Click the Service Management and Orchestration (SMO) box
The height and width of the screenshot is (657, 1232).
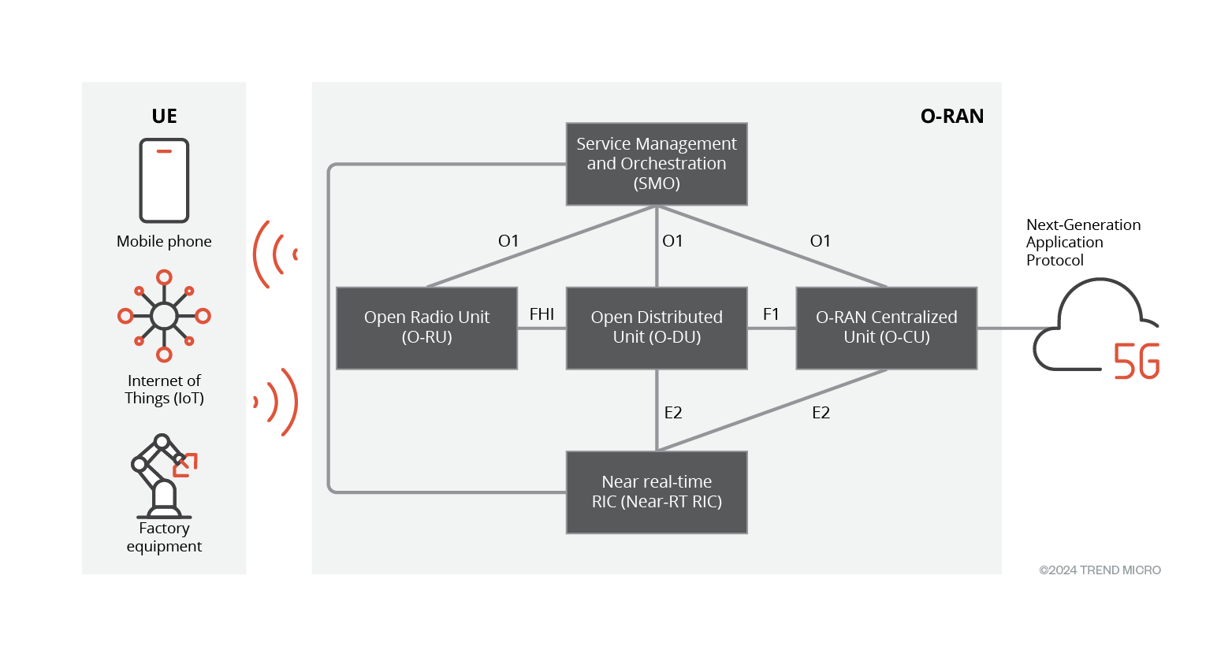[x=657, y=164]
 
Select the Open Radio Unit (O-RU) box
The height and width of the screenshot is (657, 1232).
[x=426, y=328]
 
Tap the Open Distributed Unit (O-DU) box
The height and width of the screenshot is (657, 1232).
[x=657, y=328]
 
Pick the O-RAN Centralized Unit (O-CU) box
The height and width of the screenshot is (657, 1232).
[x=887, y=328]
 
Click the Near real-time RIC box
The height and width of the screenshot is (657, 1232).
[x=657, y=492]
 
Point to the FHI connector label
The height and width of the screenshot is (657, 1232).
[x=542, y=314]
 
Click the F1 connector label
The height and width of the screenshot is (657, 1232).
[x=771, y=314]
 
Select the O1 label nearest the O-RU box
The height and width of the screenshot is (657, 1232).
[x=508, y=241]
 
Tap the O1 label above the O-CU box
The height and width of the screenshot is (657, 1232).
[x=821, y=241]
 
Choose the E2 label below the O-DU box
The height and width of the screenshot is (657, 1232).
[x=673, y=413]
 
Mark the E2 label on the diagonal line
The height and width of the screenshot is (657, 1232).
[x=821, y=413]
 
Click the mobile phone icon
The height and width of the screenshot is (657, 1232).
[x=164, y=180]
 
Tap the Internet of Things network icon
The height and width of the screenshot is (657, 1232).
[x=164, y=316]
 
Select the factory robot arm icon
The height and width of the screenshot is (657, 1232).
[x=163, y=475]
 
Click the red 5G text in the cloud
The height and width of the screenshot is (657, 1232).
[x=1136, y=362]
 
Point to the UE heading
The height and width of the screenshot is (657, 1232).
[x=164, y=117]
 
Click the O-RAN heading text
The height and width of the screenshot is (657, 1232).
[x=952, y=117]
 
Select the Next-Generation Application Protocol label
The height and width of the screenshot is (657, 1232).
[x=1082, y=243]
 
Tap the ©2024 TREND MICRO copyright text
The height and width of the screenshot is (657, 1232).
[x=1100, y=570]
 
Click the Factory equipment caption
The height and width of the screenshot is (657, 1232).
[x=164, y=537]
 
